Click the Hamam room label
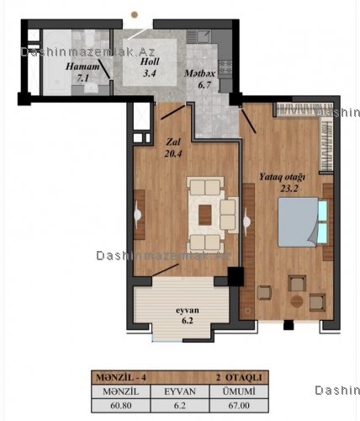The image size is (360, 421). pos(82,67)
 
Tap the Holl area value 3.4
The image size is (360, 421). pos(150,73)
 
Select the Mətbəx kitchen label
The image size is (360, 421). pos(199,73)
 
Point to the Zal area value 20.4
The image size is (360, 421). pos(173,153)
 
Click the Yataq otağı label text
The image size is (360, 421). pos(282,178)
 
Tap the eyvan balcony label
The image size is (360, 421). pos(188,311)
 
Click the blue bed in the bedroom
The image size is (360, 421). pos(299,222)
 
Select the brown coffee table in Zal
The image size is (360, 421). pos(205,215)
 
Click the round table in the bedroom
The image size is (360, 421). pos(297,301)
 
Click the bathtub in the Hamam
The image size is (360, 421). pos(57,62)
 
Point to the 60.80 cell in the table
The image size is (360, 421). pos(121,406)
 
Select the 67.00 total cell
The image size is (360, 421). pos(239,406)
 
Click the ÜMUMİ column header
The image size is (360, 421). pos(239,392)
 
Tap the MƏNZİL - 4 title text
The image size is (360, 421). pos(121,377)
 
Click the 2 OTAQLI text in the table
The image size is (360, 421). pos(239,377)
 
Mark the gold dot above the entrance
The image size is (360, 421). pos(135,14)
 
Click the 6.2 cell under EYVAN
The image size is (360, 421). pos(180,406)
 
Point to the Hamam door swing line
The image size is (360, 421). pos(104,69)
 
